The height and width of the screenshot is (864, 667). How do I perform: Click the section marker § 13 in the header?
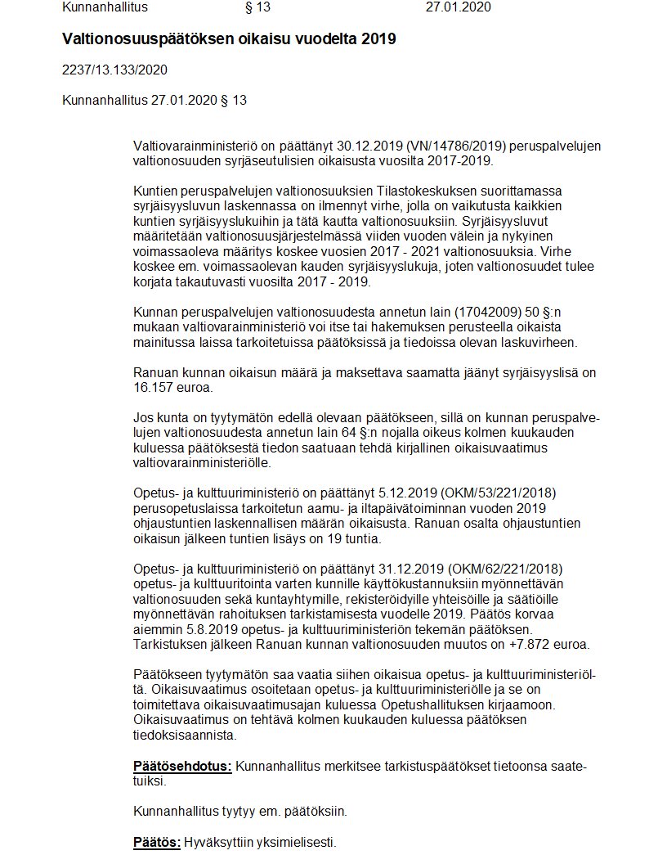(257, 7)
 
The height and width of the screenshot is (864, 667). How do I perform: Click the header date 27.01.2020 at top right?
(458, 7)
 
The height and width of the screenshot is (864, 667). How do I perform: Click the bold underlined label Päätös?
(157, 842)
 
